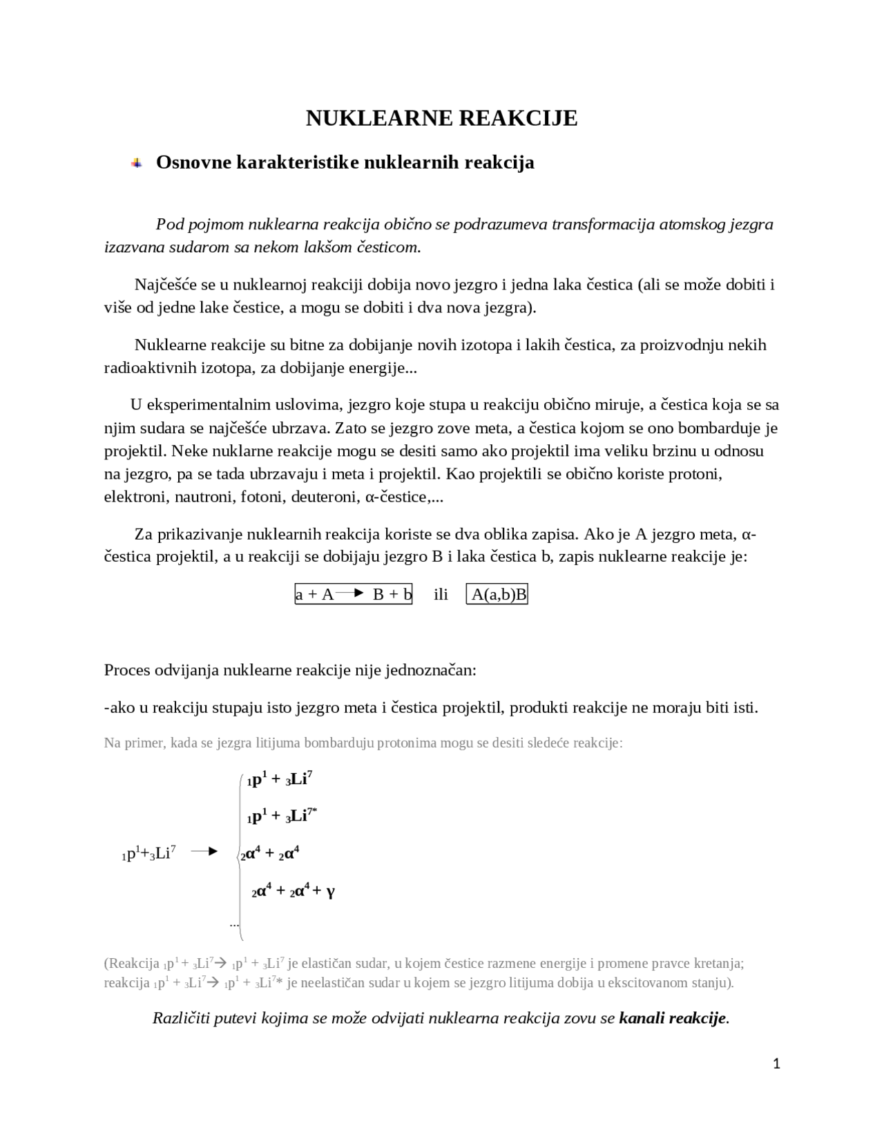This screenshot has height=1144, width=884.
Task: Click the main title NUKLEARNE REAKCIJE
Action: coord(441,118)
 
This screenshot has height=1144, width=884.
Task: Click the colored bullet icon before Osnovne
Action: coord(137,163)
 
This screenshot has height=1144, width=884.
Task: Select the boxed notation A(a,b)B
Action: coord(497,594)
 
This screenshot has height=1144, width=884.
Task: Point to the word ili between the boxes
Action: coord(441,594)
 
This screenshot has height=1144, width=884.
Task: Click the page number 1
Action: coord(776,1064)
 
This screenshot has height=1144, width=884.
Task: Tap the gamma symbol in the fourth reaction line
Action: coord(330,891)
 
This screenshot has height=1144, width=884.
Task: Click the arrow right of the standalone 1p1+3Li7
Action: coord(204,852)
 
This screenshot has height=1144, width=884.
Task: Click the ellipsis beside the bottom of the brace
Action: coord(234,924)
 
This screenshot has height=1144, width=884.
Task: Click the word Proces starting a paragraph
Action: coord(128,670)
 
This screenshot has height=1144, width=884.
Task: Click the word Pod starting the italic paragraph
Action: coord(169,225)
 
